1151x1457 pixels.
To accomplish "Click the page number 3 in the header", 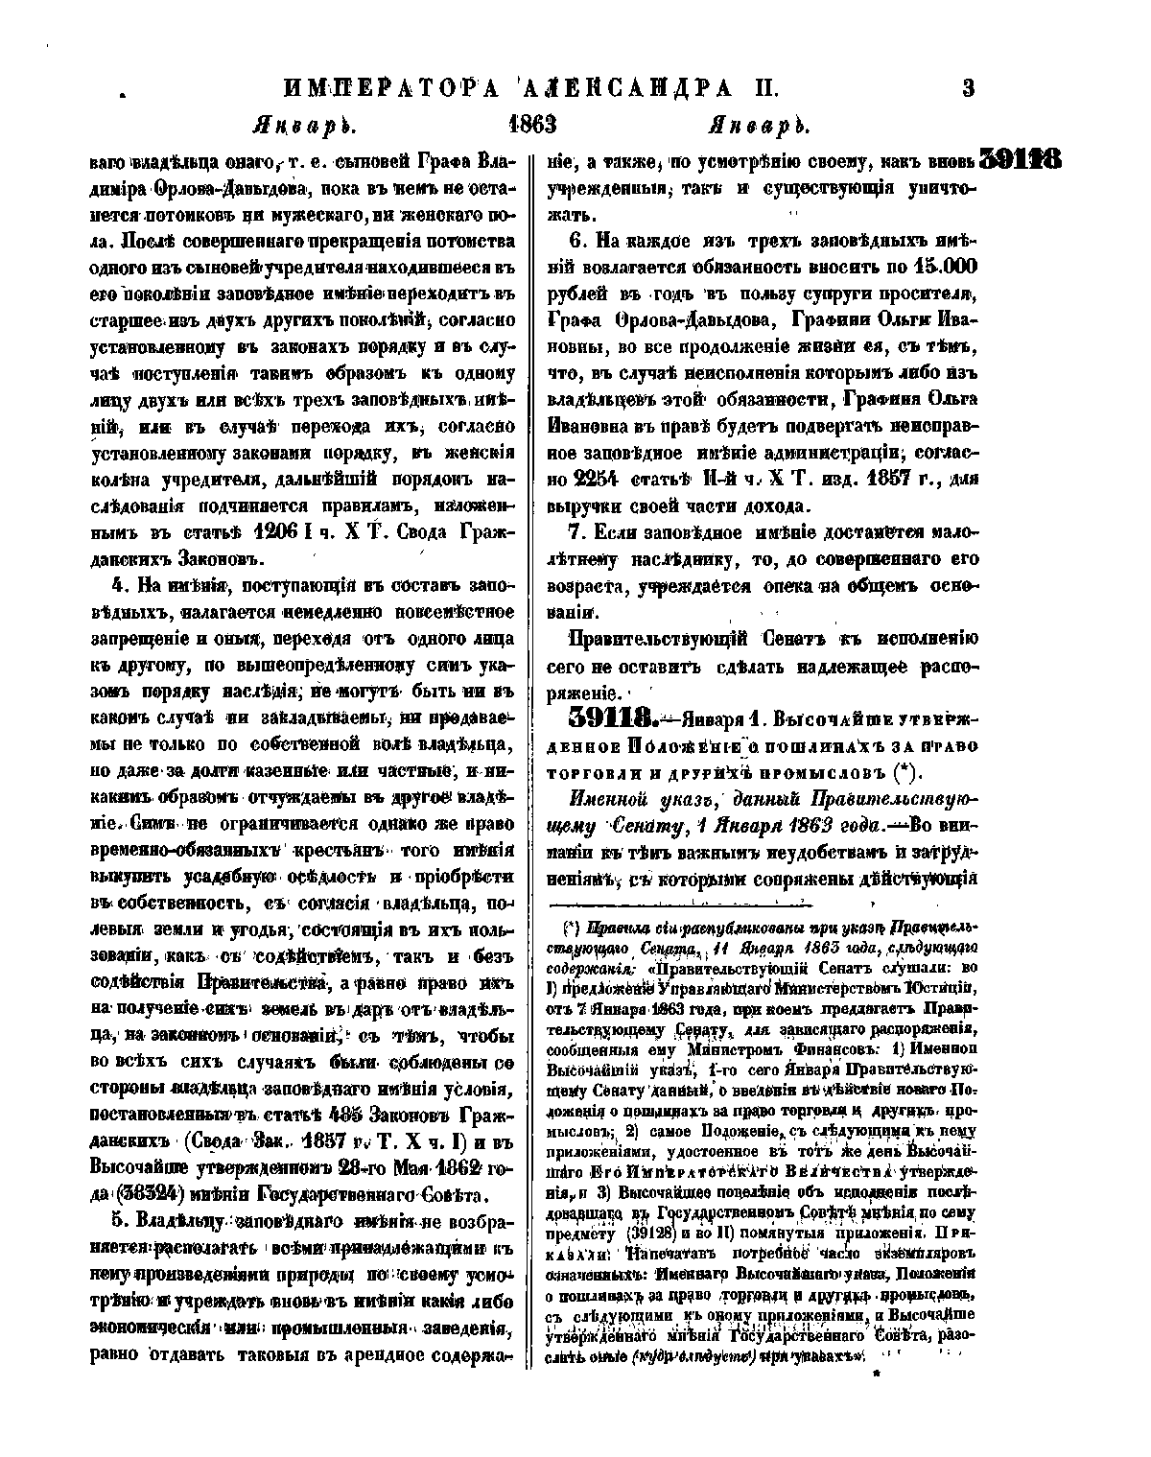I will pyautogui.click(x=968, y=89).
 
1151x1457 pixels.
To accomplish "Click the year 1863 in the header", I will pyautogui.click(x=534, y=125).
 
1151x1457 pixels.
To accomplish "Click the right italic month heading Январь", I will pyautogui.click(x=753, y=126).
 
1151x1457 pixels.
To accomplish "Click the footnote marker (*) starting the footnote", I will pyautogui.click(x=570, y=928).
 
